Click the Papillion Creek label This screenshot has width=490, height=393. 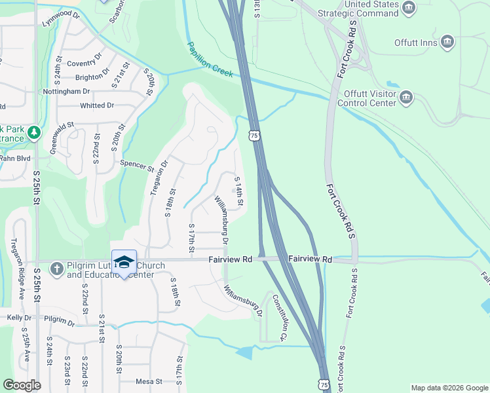(210, 61)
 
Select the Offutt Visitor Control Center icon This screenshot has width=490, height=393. (406, 98)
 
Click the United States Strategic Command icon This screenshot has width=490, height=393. (409, 9)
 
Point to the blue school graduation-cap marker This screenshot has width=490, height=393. (124, 262)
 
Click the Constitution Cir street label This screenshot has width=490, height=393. (280, 318)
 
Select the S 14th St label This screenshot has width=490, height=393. (239, 191)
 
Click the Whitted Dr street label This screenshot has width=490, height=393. (97, 105)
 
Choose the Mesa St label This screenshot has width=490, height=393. (149, 381)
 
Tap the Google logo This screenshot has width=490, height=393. (22, 385)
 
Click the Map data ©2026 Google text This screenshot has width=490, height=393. (449, 388)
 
